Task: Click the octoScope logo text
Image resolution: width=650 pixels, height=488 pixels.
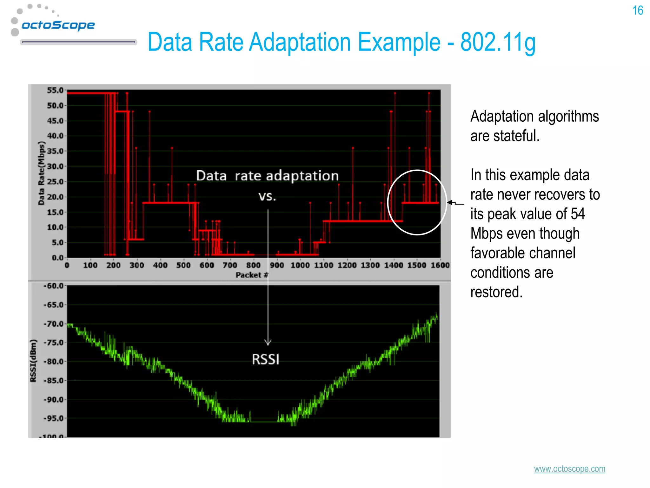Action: [x=58, y=25]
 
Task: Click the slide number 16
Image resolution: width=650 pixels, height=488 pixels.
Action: [x=637, y=10]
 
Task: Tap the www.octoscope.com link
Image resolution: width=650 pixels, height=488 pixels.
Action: [x=569, y=469]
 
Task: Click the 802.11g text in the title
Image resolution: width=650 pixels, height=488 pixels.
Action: [x=498, y=42]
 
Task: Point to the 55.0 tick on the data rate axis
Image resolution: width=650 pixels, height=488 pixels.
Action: [x=55, y=91]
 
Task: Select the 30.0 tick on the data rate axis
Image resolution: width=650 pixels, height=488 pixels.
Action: [x=55, y=166]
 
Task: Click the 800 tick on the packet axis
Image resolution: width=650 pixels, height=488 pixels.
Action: [x=253, y=265]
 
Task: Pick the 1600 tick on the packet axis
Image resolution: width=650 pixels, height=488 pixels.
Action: [x=440, y=265]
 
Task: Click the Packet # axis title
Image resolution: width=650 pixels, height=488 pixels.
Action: [x=252, y=275]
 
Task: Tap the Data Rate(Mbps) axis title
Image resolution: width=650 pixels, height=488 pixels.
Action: [x=41, y=173]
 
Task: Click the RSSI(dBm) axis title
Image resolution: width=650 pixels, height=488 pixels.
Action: [x=33, y=361]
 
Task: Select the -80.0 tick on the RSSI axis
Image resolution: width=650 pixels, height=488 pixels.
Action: [x=54, y=362]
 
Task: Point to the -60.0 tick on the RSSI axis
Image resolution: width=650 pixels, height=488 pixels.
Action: [x=54, y=286]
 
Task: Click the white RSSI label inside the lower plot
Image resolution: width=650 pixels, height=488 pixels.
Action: [x=266, y=360]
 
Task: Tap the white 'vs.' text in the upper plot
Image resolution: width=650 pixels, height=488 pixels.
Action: [x=267, y=196]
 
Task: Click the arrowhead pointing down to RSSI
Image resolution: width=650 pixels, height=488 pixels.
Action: [x=268, y=342]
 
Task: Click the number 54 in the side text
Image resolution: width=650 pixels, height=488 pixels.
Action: [x=578, y=214]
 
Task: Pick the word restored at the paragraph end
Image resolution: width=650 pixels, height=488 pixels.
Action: [x=496, y=292]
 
